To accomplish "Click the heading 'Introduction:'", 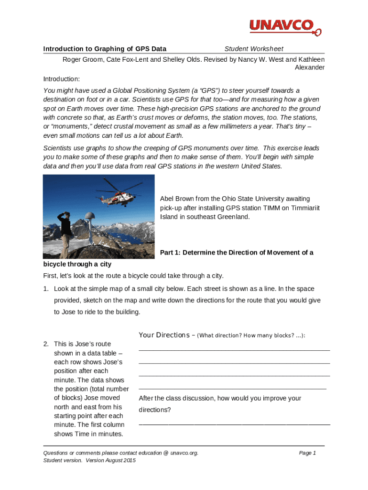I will pos(62,79).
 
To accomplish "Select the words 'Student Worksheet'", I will pos(254,49).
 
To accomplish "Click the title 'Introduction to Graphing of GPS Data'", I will pos(105,49).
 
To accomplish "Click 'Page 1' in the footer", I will pos(307,453).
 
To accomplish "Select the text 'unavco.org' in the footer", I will pos(184,453).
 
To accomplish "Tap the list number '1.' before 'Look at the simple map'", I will pos(46,289).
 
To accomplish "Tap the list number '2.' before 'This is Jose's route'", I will pos(46,344).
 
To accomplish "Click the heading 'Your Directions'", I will pos(164,335).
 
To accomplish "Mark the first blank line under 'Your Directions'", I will pos(234,350).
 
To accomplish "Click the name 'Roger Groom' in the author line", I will pos(82,59).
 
